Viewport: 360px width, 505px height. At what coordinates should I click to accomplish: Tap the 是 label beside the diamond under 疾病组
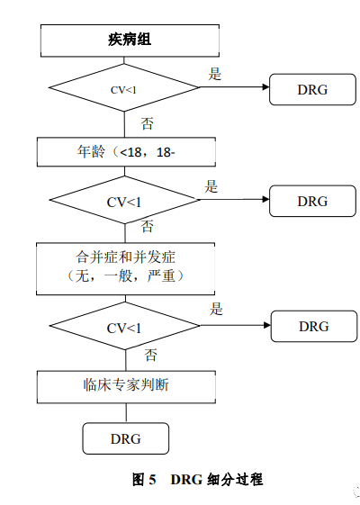pyautogui.click(x=215, y=75)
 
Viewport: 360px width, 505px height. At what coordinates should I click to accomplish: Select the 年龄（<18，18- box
pyautogui.click(x=127, y=152)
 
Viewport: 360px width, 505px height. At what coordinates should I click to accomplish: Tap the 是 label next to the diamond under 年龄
pyautogui.click(x=211, y=187)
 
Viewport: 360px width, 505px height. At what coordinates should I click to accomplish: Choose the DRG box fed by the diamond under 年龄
pyautogui.click(x=312, y=201)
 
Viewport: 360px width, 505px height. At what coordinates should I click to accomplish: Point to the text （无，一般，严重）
pyautogui.click(x=127, y=275)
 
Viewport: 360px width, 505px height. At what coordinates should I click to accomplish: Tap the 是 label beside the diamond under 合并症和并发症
pyautogui.click(x=216, y=310)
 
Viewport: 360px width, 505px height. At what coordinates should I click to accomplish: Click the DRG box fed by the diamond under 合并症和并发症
pyautogui.click(x=313, y=325)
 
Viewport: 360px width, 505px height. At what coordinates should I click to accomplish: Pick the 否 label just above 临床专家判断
pyautogui.click(x=150, y=354)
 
